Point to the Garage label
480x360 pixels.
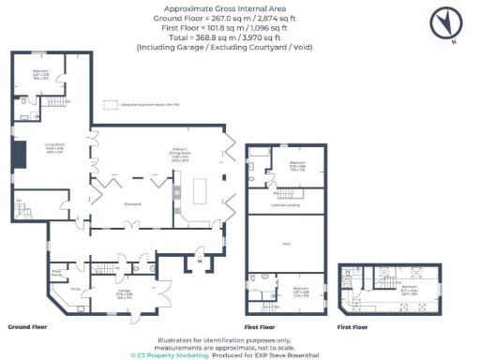pos(123,292)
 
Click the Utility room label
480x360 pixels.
pos(76,289)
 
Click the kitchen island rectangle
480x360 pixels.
pos(200,191)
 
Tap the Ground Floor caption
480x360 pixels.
pos(27,329)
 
